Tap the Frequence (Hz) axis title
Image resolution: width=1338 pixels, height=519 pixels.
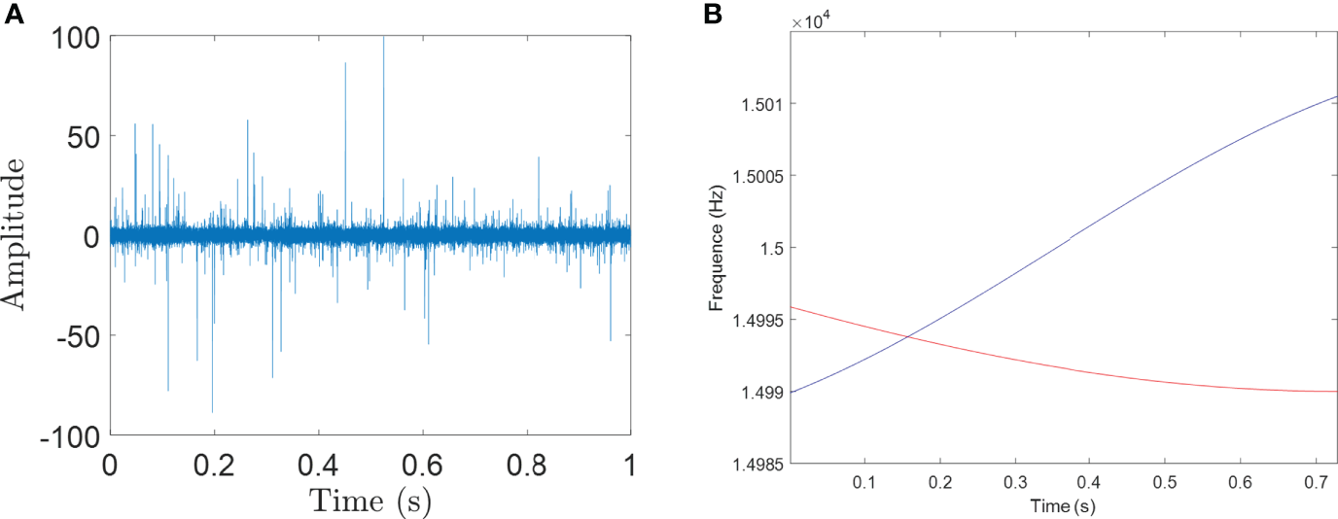[718, 250]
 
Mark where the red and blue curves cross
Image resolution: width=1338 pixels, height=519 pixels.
[908, 337]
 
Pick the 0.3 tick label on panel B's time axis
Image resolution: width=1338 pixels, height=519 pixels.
[1014, 483]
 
